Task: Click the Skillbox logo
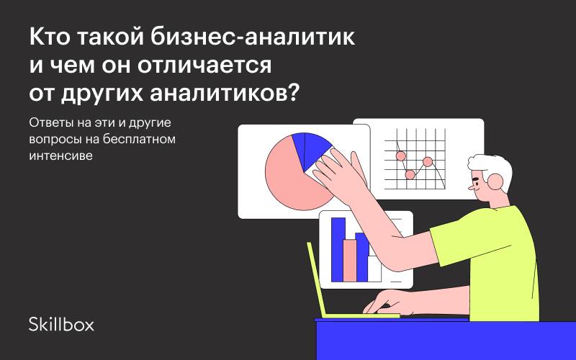[x=61, y=324]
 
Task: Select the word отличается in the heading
[x=204, y=66]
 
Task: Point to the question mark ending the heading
[x=292, y=93]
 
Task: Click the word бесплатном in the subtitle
[x=139, y=139]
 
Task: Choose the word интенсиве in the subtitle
[x=60, y=156]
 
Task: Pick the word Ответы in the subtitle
[x=52, y=122]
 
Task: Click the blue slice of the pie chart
[x=310, y=150]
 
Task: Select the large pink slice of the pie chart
[x=290, y=180]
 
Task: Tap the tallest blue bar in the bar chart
[x=338, y=249]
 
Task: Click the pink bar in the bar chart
[x=350, y=261]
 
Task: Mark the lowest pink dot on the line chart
[x=410, y=174]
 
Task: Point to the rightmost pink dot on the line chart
[x=427, y=161]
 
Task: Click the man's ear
[x=495, y=181]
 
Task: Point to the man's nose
[x=472, y=188]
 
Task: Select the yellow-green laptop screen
[x=316, y=279]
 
